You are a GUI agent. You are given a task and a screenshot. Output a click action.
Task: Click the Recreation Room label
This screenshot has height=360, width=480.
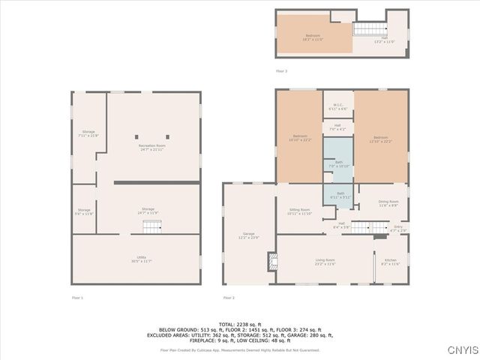(x=151, y=145)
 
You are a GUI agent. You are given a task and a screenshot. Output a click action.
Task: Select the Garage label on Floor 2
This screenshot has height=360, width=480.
(x=249, y=235)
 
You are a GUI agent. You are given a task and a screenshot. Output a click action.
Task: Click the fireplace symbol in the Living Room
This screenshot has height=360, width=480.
(x=271, y=260)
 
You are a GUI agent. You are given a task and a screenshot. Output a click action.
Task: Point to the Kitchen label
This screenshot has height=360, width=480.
(x=391, y=262)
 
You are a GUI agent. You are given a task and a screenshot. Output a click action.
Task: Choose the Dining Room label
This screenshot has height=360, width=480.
(x=388, y=202)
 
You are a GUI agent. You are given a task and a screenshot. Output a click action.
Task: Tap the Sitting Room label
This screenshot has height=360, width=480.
(x=298, y=211)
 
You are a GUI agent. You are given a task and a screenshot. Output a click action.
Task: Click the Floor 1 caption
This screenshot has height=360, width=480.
(x=77, y=298)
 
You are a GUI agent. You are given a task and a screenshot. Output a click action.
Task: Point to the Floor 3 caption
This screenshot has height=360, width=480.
(x=281, y=70)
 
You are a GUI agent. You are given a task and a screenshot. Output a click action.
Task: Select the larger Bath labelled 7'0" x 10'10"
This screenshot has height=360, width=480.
(x=339, y=163)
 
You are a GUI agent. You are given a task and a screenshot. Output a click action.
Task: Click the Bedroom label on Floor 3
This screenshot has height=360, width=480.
(x=312, y=37)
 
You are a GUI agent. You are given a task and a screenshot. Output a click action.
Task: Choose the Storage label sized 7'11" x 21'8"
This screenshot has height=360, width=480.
(x=89, y=133)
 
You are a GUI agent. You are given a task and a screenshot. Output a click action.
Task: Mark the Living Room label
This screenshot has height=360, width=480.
(x=325, y=261)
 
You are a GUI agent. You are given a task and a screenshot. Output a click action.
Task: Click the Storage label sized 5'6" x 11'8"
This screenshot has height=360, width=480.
(x=84, y=211)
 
